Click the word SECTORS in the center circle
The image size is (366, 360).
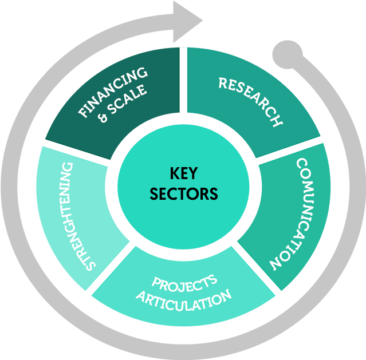click(x=184, y=193)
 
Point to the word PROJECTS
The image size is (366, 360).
click(x=184, y=282)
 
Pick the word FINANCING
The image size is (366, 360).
click(x=112, y=92)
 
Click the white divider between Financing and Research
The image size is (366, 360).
click(x=183, y=80)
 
